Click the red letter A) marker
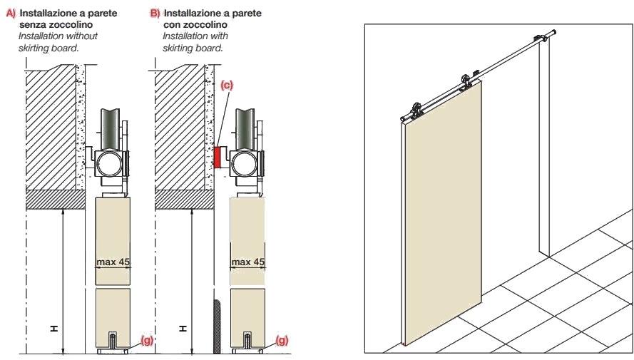tap(11, 14)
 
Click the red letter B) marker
tap(155, 14)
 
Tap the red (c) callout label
tap(227, 86)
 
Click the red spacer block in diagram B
tap(217, 158)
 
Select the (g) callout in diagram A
tap(147, 340)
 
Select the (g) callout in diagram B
tap(282, 340)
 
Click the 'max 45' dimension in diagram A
tap(113, 262)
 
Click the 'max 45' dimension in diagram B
tap(247, 262)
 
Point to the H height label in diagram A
tap(54, 329)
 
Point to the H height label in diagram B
tap(183, 329)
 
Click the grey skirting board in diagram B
tap(217, 326)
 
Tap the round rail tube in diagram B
tap(244, 164)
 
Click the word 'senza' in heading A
tap(33, 25)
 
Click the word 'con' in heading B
tap(173, 25)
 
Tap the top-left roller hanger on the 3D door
tap(416, 110)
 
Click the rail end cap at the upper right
tap(553, 32)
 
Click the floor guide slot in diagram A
tap(113, 340)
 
